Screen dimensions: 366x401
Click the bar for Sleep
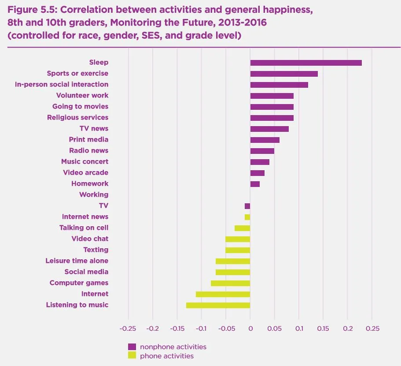(306, 63)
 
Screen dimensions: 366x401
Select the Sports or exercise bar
(284, 74)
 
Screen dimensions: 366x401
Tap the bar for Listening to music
(218, 305)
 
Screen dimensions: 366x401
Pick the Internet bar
(223, 294)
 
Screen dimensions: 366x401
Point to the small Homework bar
(255, 184)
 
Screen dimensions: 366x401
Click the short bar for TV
(247, 206)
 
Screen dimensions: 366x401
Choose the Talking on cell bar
(242, 228)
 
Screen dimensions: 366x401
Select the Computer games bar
(230, 283)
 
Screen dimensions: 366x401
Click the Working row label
(94, 194)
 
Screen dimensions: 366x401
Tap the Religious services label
(77, 117)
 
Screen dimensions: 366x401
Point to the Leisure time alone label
(77, 261)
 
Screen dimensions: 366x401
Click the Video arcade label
(85, 172)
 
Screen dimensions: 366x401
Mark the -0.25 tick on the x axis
(128, 329)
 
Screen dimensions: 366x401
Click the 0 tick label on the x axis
(250, 329)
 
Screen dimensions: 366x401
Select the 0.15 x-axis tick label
(323, 329)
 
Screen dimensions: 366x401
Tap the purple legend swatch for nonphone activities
(132, 347)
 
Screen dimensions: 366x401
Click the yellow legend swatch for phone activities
(132, 355)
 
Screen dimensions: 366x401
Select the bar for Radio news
(262, 151)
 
